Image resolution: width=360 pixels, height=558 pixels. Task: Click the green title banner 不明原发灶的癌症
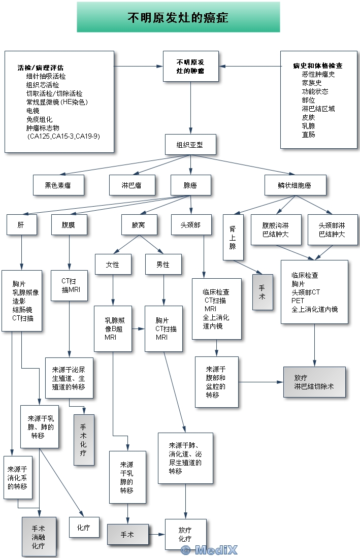click(x=178, y=17)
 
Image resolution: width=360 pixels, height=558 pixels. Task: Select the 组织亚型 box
click(x=190, y=145)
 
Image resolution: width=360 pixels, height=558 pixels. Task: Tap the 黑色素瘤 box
click(x=58, y=185)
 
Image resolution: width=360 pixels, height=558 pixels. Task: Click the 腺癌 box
click(x=190, y=185)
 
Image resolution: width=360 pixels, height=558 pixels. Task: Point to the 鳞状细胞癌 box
click(x=295, y=185)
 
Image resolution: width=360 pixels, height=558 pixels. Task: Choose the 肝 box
click(x=22, y=224)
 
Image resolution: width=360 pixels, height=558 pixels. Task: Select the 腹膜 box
click(x=69, y=224)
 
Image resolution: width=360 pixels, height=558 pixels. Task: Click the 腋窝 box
click(x=138, y=224)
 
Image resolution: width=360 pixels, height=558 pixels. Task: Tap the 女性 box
click(x=113, y=265)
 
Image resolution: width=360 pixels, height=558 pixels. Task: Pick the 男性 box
click(x=163, y=265)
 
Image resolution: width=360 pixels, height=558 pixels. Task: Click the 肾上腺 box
click(x=233, y=238)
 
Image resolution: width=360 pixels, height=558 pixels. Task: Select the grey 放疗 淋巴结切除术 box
click(x=314, y=382)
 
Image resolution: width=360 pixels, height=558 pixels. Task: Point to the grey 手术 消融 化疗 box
click(x=38, y=537)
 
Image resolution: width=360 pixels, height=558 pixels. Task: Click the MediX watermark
click(x=209, y=550)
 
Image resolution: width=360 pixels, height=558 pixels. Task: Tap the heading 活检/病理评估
click(x=40, y=68)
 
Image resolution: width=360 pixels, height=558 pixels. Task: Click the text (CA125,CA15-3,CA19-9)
click(x=63, y=137)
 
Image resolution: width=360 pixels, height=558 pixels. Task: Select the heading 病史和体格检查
click(x=318, y=65)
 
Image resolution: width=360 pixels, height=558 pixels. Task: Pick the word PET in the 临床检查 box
click(x=298, y=301)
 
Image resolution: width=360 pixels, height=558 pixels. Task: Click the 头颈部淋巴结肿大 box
click(x=332, y=229)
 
